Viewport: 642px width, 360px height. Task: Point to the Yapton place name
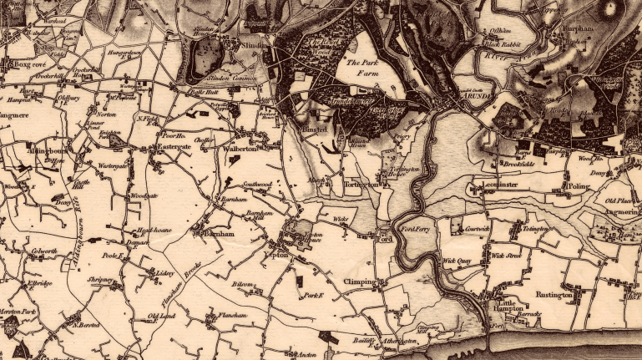276,255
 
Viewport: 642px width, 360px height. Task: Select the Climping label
359,282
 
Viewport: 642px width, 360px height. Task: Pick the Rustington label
554,294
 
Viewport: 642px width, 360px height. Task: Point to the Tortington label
360,183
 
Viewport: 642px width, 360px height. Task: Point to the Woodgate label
144,196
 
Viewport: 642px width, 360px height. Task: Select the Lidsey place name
163,272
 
